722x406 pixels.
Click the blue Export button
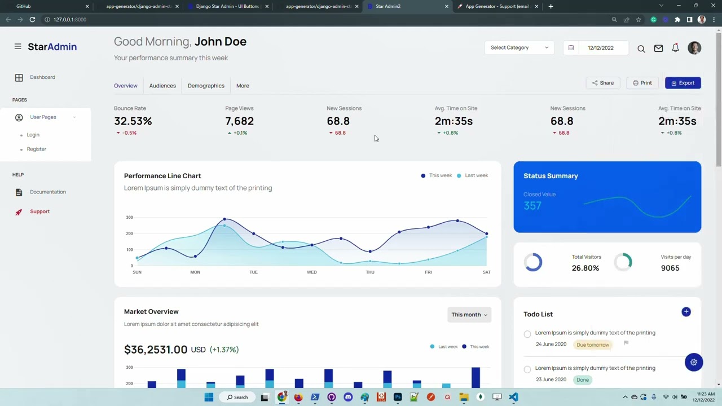pyautogui.click(x=683, y=83)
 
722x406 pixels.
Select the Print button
pyautogui.click(x=642, y=83)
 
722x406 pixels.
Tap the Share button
pyautogui.click(x=602, y=83)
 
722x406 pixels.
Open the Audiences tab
pyautogui.click(x=162, y=86)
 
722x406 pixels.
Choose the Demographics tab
pyautogui.click(x=206, y=86)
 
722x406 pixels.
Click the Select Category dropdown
pyautogui.click(x=519, y=48)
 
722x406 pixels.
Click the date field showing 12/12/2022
pyautogui.click(x=600, y=48)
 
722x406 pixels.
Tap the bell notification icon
pyautogui.click(x=675, y=48)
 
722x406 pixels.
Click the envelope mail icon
pyautogui.click(x=658, y=48)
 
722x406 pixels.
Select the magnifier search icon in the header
pyautogui.click(x=641, y=49)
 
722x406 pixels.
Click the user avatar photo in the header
pyautogui.click(x=694, y=48)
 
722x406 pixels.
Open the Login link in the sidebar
pyautogui.click(x=33, y=135)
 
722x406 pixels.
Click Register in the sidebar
pyautogui.click(x=37, y=149)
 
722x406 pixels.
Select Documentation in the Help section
pyautogui.click(x=48, y=192)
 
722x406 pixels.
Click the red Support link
pyautogui.click(x=40, y=211)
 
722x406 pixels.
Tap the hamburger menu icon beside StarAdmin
pyautogui.click(x=18, y=47)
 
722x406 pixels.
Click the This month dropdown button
pyautogui.click(x=469, y=315)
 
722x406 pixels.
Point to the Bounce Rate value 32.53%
pyautogui.click(x=133, y=121)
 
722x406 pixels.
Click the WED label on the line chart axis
pyautogui.click(x=311, y=272)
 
